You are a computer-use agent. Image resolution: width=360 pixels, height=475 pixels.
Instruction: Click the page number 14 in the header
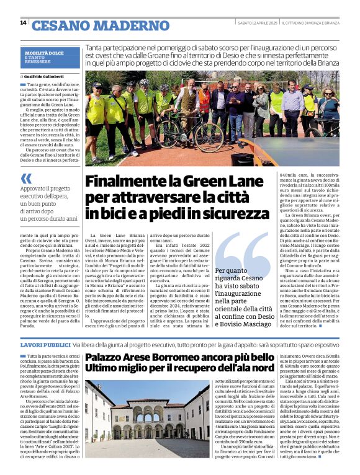[x=23, y=23]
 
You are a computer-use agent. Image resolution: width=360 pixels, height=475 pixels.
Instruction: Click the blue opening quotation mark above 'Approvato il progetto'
[x=25, y=179]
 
